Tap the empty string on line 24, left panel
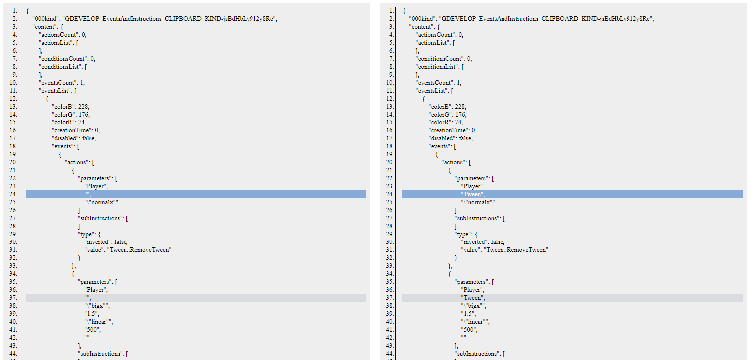pyautogui.click(x=87, y=194)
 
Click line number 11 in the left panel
pyautogui.click(x=14, y=91)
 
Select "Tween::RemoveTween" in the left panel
pyautogui.click(x=139, y=250)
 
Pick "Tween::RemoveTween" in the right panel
pyautogui.click(x=515, y=250)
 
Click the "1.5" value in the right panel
pyautogui.click(x=468, y=314)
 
